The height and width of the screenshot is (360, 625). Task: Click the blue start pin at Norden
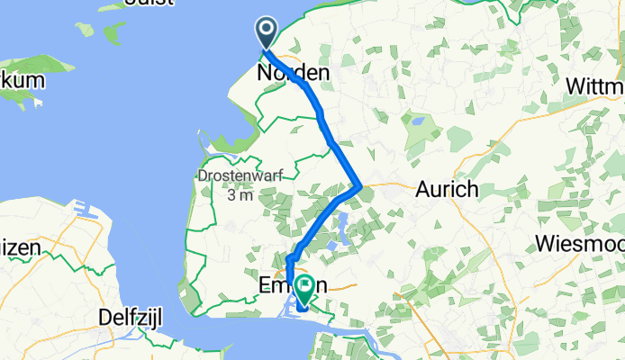pos(267,32)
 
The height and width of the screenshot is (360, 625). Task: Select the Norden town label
pos(294,72)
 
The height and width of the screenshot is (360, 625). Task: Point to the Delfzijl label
pos(135,318)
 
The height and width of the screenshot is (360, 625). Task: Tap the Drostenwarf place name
pos(239,175)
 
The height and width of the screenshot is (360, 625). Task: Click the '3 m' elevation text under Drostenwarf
pos(240,195)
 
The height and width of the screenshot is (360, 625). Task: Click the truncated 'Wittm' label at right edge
pos(595,86)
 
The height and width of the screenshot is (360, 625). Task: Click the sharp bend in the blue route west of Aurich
pos(360,187)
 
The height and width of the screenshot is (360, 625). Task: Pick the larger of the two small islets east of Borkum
pos(113,33)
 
